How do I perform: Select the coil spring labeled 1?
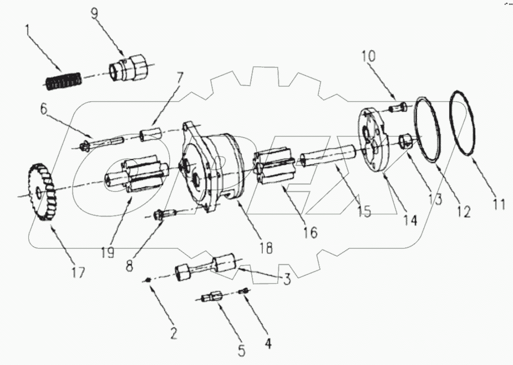tap(63, 81)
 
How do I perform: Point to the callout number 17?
tap(79, 273)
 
